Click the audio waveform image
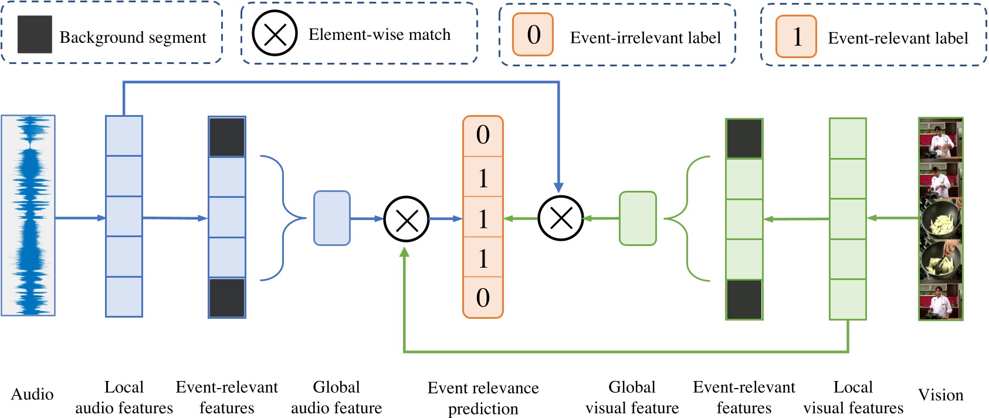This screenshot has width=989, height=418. tap(28, 215)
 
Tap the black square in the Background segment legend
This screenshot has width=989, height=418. tap(35, 35)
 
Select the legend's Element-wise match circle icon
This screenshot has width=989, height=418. tap(274, 33)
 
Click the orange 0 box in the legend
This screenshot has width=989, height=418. tap(533, 35)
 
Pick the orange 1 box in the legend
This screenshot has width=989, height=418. tap(796, 36)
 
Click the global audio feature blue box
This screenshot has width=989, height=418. tap(332, 218)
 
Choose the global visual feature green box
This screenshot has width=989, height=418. tap(638, 218)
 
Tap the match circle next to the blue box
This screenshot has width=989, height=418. tap(406, 219)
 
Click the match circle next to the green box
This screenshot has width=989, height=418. tap(561, 218)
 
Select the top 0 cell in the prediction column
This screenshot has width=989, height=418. tap(483, 136)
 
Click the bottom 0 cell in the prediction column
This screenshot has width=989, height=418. tap(483, 298)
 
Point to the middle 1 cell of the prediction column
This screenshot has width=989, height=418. tap(483, 218)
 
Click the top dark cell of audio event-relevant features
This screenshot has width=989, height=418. tap(227, 137)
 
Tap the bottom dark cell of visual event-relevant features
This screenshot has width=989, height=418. tap(744, 299)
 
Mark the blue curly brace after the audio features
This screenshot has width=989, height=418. tap(284, 218)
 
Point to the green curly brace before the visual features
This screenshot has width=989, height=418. tap(686, 218)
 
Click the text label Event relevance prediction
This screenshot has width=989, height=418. tap(483, 397)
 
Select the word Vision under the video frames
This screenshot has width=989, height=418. tap(940, 395)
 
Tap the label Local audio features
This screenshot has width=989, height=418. tap(124, 397)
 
